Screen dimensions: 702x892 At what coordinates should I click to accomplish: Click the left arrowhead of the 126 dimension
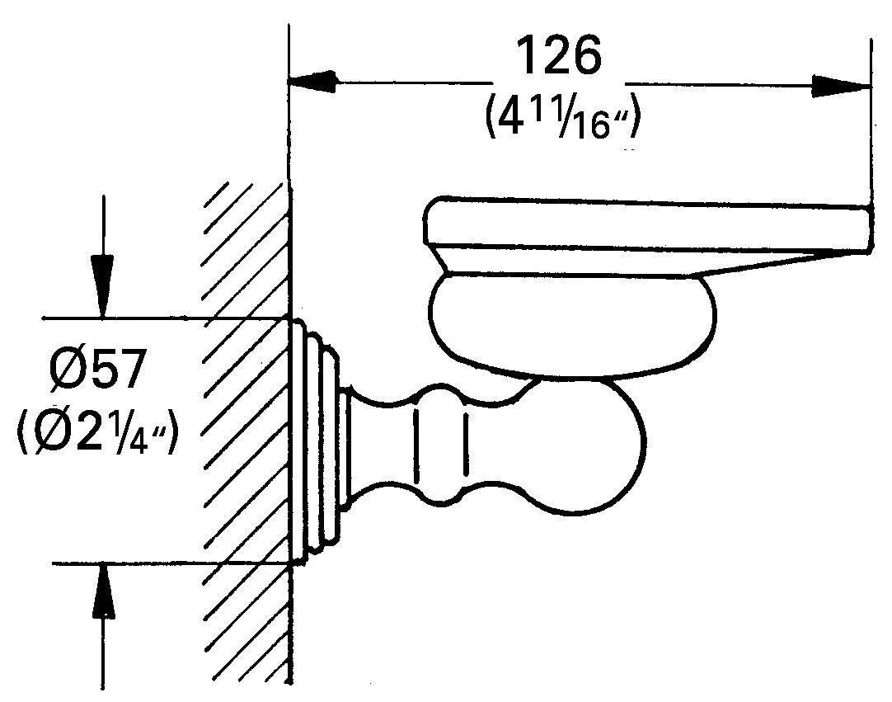pyautogui.click(x=313, y=82)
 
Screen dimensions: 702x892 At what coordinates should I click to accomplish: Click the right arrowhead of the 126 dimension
pyautogui.click(x=841, y=85)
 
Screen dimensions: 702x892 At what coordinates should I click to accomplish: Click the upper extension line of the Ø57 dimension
pyautogui.click(x=165, y=317)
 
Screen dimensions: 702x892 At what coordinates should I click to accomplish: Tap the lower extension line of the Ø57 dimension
pyautogui.click(x=165, y=563)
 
